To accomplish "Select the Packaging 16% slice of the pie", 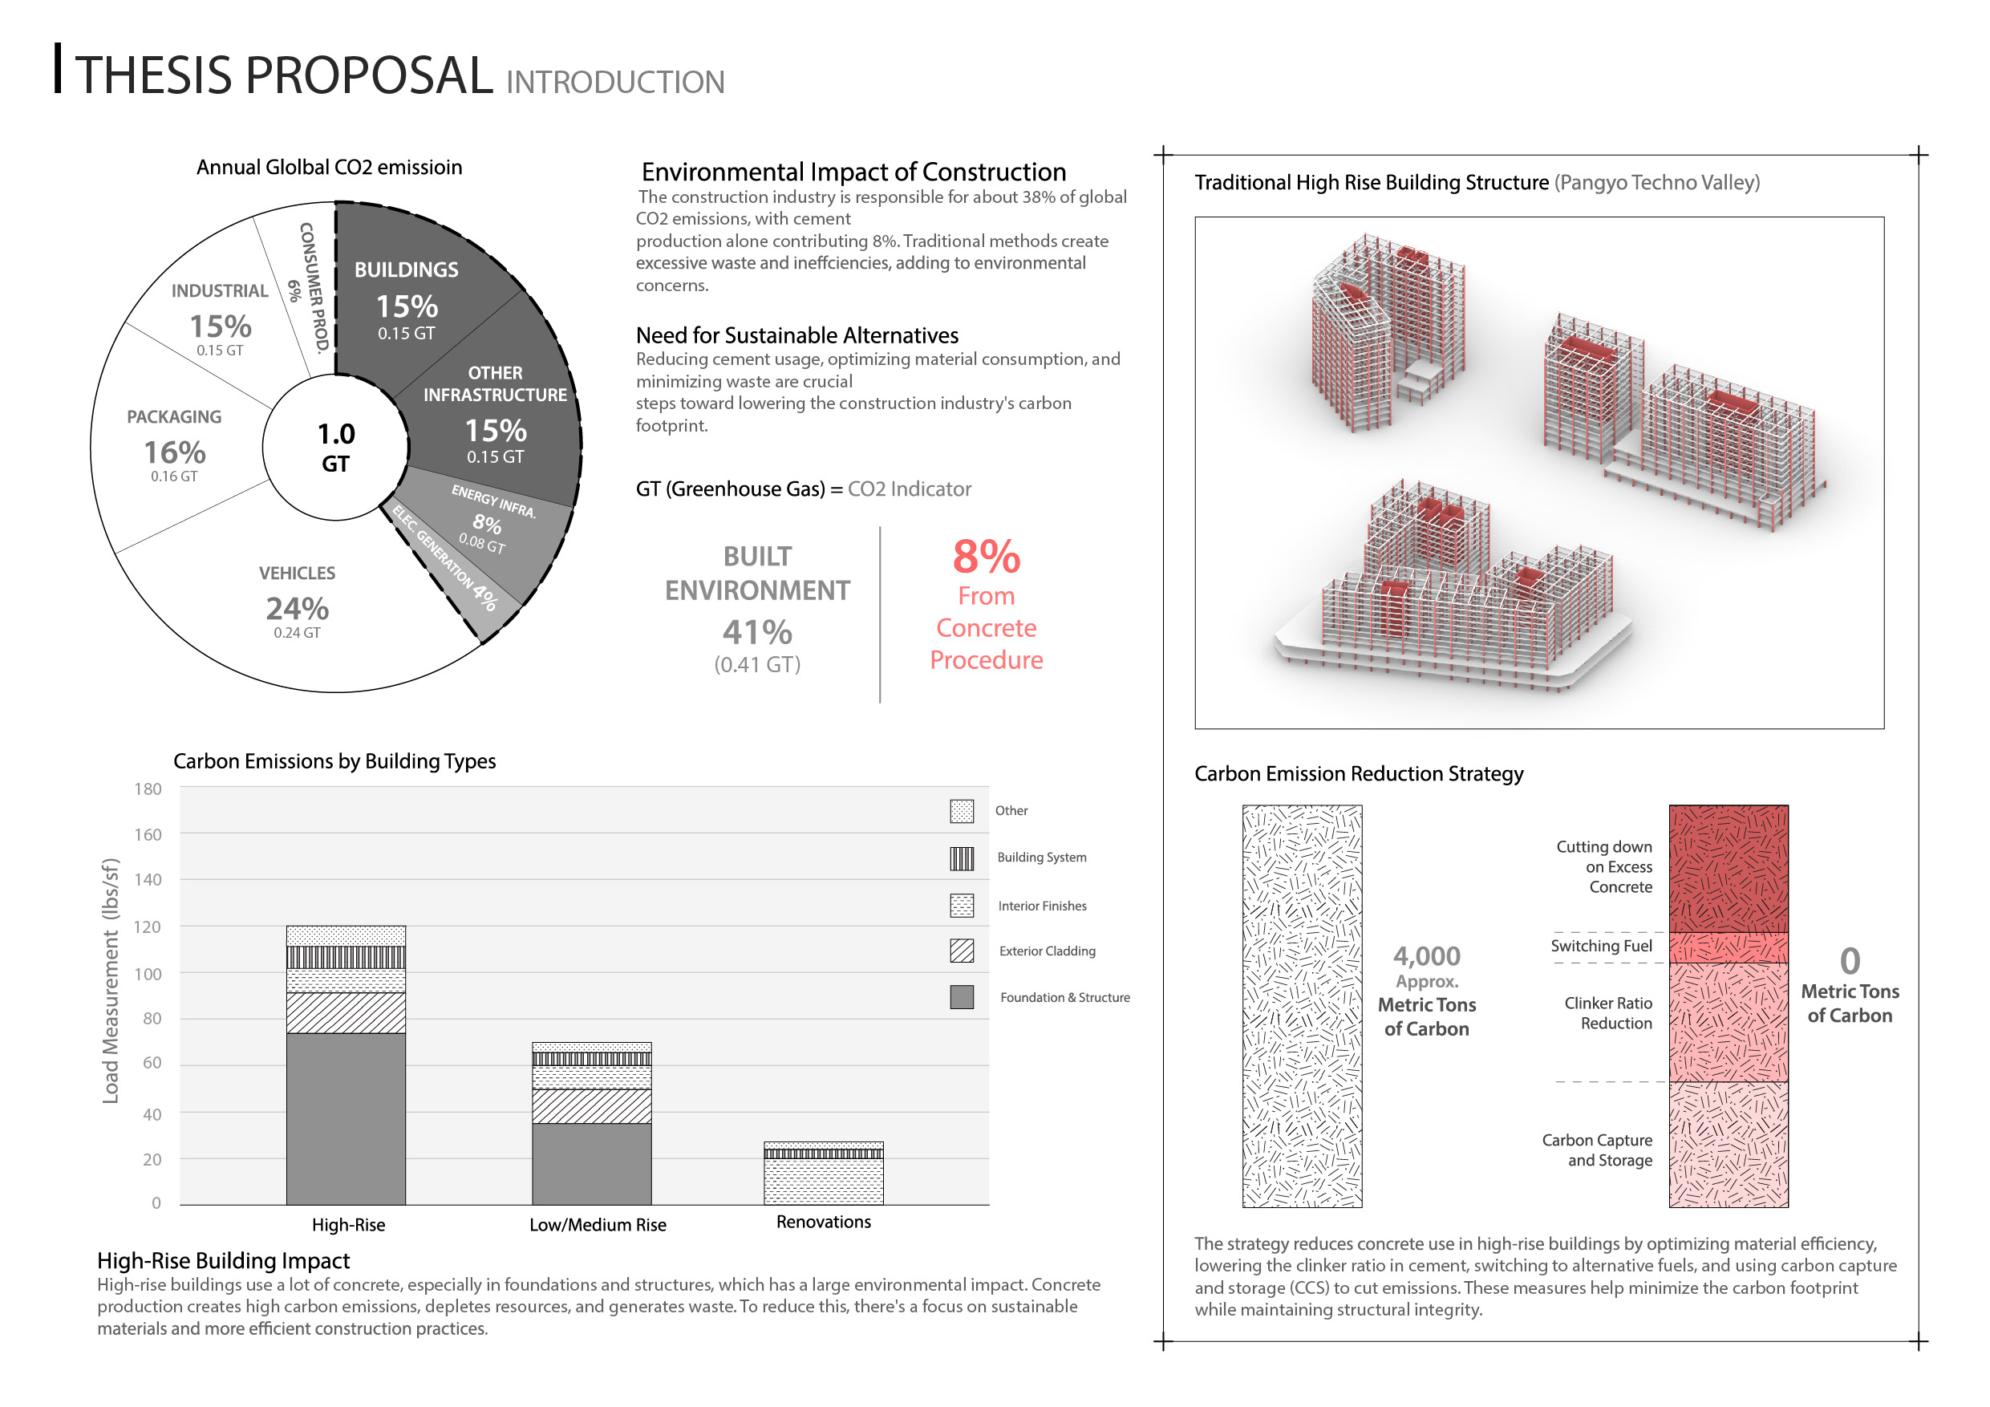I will pyautogui.click(x=174, y=451).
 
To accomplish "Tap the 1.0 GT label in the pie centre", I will pyautogui.click(x=335, y=448).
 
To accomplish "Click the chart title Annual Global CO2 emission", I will pyautogui.click(x=330, y=168).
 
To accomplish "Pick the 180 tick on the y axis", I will pyautogui.click(x=148, y=789).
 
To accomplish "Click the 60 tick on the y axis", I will pyautogui.click(x=152, y=1064).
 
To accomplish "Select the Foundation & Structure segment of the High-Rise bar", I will pyautogui.click(x=346, y=1118).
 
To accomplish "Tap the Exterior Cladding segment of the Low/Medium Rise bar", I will pyautogui.click(x=591, y=1106).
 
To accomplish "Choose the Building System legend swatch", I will pyautogui.click(x=961, y=858).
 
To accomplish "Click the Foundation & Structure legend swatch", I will pyautogui.click(x=961, y=997).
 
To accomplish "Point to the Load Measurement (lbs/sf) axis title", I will pyautogui.click(x=110, y=980).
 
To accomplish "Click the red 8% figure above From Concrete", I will pyautogui.click(x=987, y=558).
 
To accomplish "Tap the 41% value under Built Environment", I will pyautogui.click(x=757, y=633).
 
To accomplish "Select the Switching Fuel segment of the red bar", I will pyautogui.click(x=1729, y=947).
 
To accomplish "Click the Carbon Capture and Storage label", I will pyautogui.click(x=1596, y=1150).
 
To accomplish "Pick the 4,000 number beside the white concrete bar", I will pyautogui.click(x=1427, y=956).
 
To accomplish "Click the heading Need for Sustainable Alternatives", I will pyautogui.click(x=797, y=335).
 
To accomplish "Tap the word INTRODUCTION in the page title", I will pyautogui.click(x=615, y=83).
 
